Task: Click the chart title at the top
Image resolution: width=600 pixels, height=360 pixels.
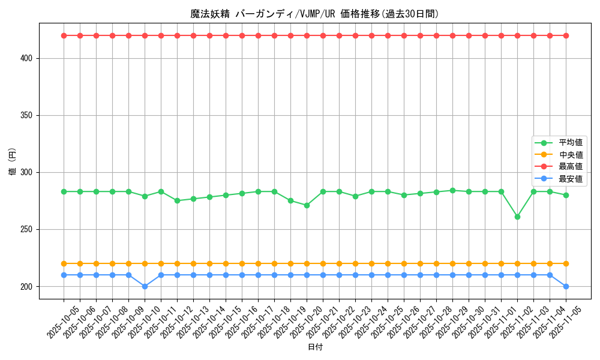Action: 314,14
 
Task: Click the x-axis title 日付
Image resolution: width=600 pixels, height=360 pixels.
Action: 314,347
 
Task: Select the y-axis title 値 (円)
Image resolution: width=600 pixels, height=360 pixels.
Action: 12,161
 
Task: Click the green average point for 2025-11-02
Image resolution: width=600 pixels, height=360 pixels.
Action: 517,217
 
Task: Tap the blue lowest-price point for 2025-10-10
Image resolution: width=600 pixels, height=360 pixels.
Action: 145,286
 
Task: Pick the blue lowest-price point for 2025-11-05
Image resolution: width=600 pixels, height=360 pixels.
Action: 566,286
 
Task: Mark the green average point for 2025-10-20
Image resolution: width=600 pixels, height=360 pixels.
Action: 307,205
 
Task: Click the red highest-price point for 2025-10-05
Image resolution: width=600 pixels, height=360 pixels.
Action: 64,35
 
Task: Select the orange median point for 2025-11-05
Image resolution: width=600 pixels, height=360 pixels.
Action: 566,263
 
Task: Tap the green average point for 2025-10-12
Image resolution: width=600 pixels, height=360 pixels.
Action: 177,200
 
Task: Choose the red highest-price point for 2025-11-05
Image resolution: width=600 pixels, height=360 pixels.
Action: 566,35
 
